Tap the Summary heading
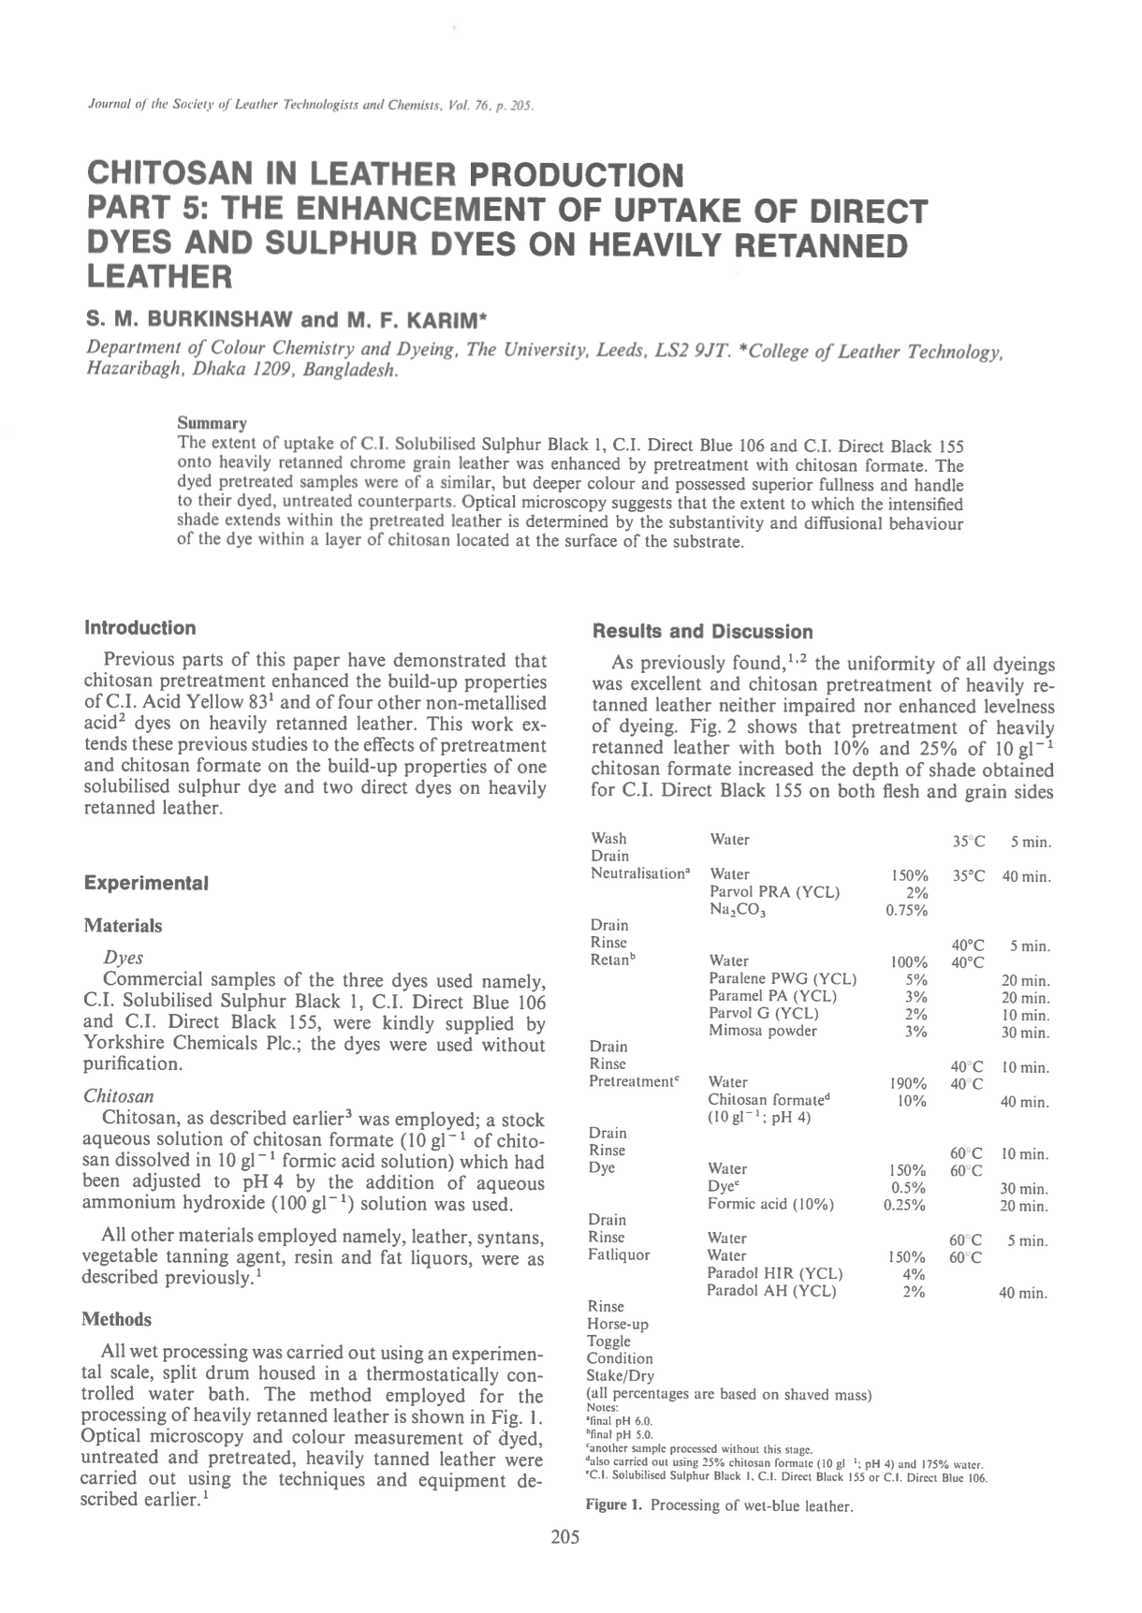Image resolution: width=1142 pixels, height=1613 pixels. [212, 423]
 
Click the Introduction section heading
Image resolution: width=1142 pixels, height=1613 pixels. [139, 627]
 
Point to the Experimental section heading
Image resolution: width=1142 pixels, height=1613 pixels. [145, 883]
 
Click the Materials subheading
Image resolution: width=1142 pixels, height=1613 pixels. [123, 926]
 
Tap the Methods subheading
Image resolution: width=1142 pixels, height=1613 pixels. [116, 1319]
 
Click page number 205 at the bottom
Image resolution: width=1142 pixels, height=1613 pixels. [565, 1536]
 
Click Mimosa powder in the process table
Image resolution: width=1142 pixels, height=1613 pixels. [762, 1031]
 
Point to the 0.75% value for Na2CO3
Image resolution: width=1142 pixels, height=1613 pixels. [906, 910]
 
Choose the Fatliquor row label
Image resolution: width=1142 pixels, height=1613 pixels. [619, 1255]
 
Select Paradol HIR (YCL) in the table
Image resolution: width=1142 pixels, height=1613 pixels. [774, 1273]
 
